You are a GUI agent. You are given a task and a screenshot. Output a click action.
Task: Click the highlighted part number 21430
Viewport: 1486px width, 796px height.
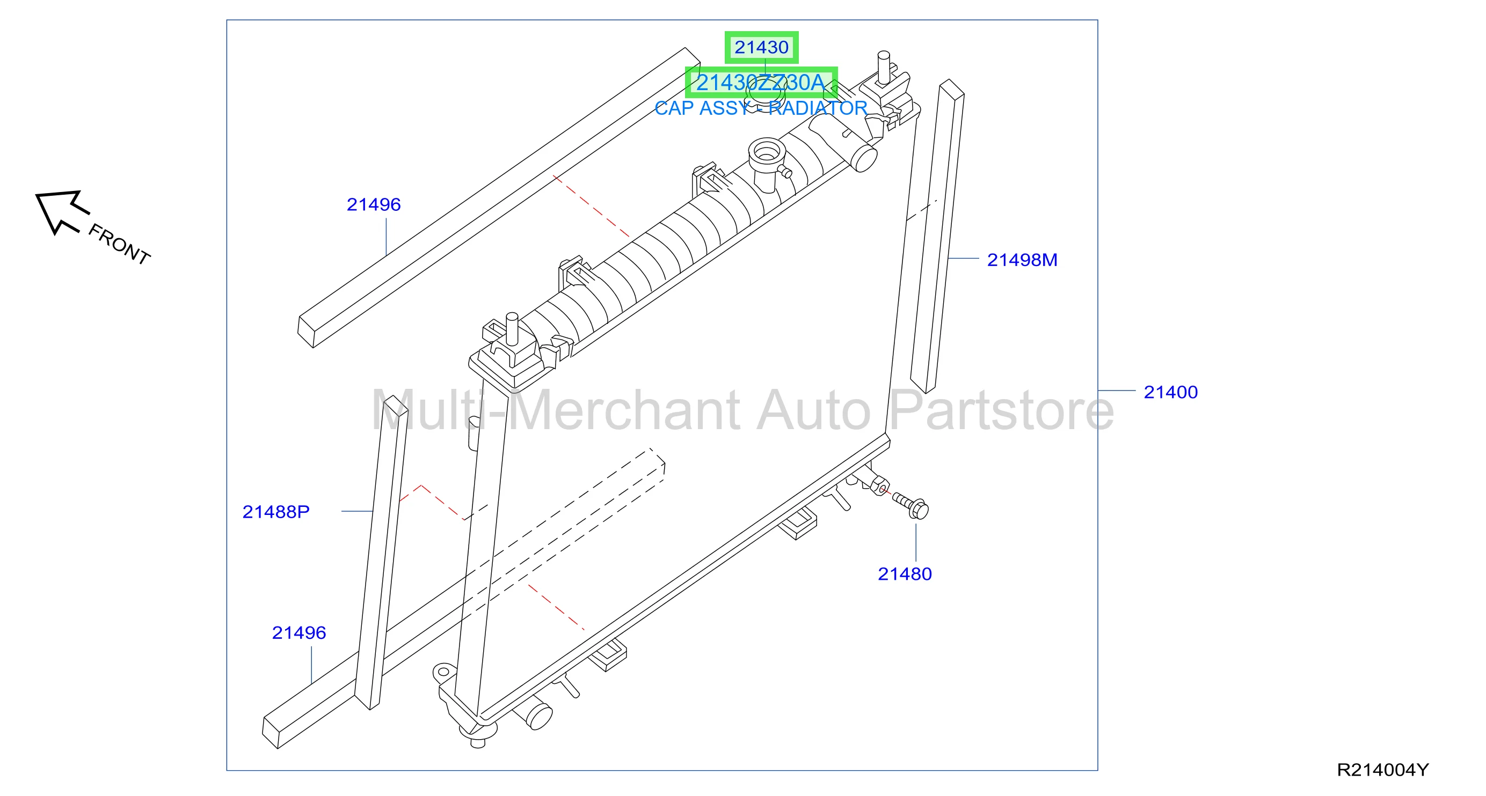coord(761,47)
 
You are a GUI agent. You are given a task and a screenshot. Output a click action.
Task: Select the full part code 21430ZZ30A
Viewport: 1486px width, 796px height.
coord(761,83)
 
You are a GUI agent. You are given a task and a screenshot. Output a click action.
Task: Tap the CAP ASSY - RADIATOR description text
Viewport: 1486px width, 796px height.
coord(761,108)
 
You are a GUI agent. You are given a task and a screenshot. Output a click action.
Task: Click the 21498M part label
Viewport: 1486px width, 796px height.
coord(1022,260)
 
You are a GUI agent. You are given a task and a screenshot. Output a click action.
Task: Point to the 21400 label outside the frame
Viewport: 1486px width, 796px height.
coord(1170,392)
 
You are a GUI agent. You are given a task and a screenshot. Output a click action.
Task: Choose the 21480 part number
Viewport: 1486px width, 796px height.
coord(905,573)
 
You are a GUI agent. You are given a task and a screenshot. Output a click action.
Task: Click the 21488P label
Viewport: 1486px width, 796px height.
coord(276,511)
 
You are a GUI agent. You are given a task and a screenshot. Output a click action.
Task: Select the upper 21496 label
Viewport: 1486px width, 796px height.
coord(373,204)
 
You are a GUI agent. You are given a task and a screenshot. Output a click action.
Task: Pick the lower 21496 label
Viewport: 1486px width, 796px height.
coord(299,632)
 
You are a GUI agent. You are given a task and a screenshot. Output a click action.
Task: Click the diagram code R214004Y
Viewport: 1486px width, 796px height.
coord(1383,770)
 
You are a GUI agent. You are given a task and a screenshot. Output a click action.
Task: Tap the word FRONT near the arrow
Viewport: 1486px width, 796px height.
coord(119,244)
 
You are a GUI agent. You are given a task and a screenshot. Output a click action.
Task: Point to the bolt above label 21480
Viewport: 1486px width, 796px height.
coord(911,505)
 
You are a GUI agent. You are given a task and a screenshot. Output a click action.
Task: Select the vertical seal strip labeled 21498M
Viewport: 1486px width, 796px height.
coord(937,237)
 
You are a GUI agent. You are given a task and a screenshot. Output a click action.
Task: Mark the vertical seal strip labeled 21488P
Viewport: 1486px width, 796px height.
coord(381,552)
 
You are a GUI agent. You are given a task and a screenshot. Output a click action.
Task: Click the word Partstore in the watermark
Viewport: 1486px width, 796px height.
coord(1001,410)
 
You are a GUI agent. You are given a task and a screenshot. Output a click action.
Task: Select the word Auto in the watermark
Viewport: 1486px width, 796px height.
coord(813,410)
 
